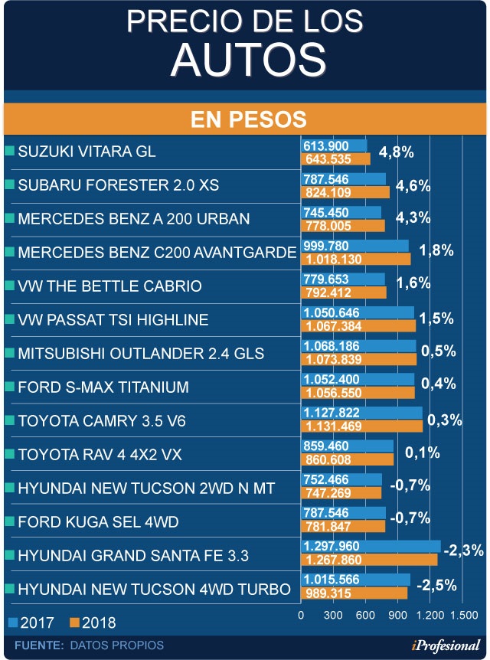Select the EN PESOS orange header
click(245, 119)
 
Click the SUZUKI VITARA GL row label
click(87, 152)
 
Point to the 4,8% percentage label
click(396, 152)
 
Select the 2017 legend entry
click(29, 622)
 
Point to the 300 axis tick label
click(332, 615)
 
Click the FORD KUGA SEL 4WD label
click(98, 522)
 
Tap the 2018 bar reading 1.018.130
click(357, 260)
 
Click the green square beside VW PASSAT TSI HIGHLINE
click(9, 319)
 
